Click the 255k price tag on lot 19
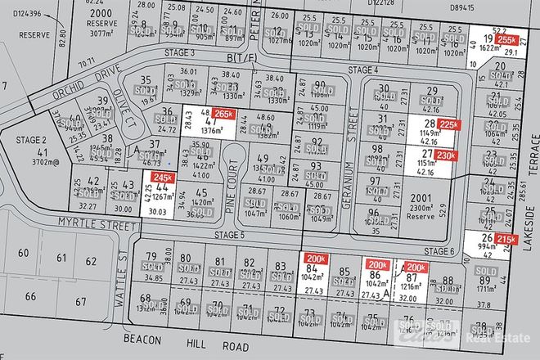point(508,39)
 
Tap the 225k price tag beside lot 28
point(448,124)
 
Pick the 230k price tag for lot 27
point(446,156)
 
